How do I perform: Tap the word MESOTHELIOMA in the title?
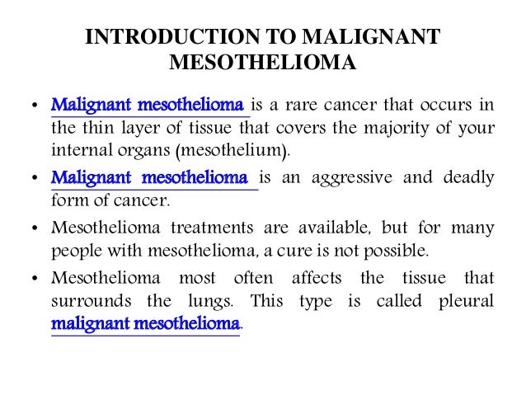(262, 63)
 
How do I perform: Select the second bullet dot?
(33, 179)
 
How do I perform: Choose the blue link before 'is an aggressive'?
(149, 177)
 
